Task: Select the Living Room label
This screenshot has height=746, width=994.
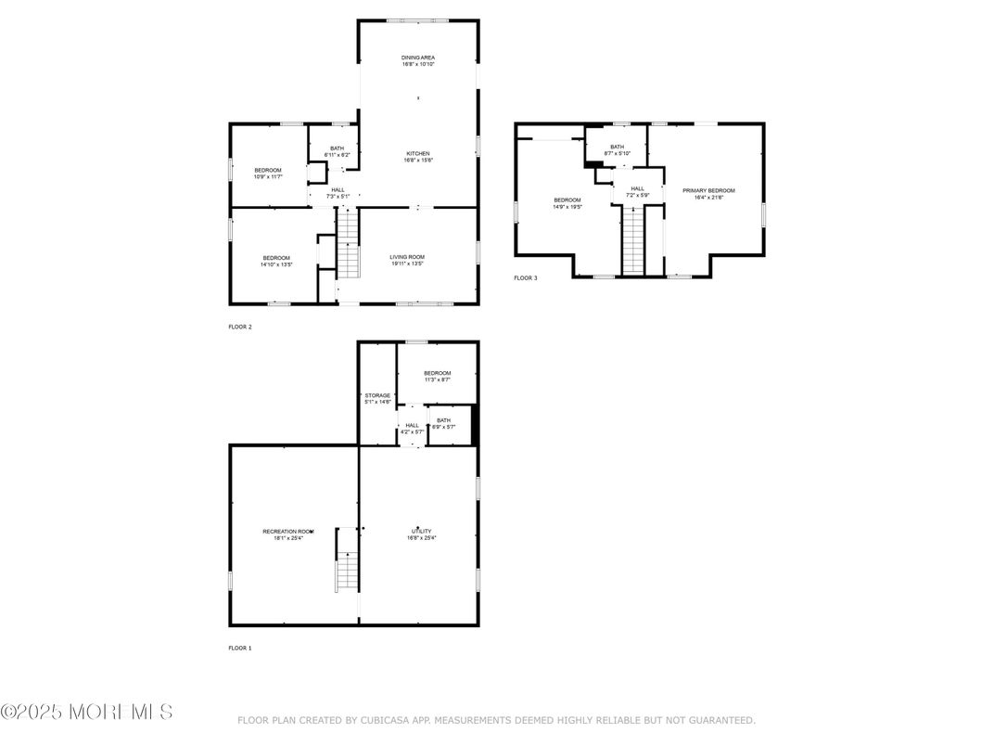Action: click(x=407, y=260)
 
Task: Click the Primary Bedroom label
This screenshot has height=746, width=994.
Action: click(x=708, y=193)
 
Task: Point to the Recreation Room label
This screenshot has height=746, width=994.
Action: click(x=287, y=534)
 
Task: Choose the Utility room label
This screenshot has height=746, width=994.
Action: click(x=421, y=534)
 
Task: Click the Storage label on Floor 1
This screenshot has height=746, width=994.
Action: click(x=377, y=398)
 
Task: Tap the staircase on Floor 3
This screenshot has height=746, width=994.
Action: click(x=632, y=241)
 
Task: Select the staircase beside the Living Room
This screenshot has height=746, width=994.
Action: click(x=348, y=243)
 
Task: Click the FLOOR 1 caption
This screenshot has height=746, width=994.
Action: click(x=240, y=648)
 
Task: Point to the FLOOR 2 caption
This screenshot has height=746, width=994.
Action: click(x=240, y=327)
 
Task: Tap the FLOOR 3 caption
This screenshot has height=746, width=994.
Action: click(x=526, y=277)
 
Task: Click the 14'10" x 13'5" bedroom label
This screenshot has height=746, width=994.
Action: click(x=276, y=261)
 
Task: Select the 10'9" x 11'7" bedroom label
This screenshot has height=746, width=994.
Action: click(x=268, y=174)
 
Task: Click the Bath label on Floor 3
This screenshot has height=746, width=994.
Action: click(x=617, y=149)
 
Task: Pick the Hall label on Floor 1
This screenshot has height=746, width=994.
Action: click(x=412, y=428)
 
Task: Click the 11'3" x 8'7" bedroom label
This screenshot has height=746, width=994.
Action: click(x=438, y=376)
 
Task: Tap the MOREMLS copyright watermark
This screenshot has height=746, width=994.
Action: click(x=86, y=713)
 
